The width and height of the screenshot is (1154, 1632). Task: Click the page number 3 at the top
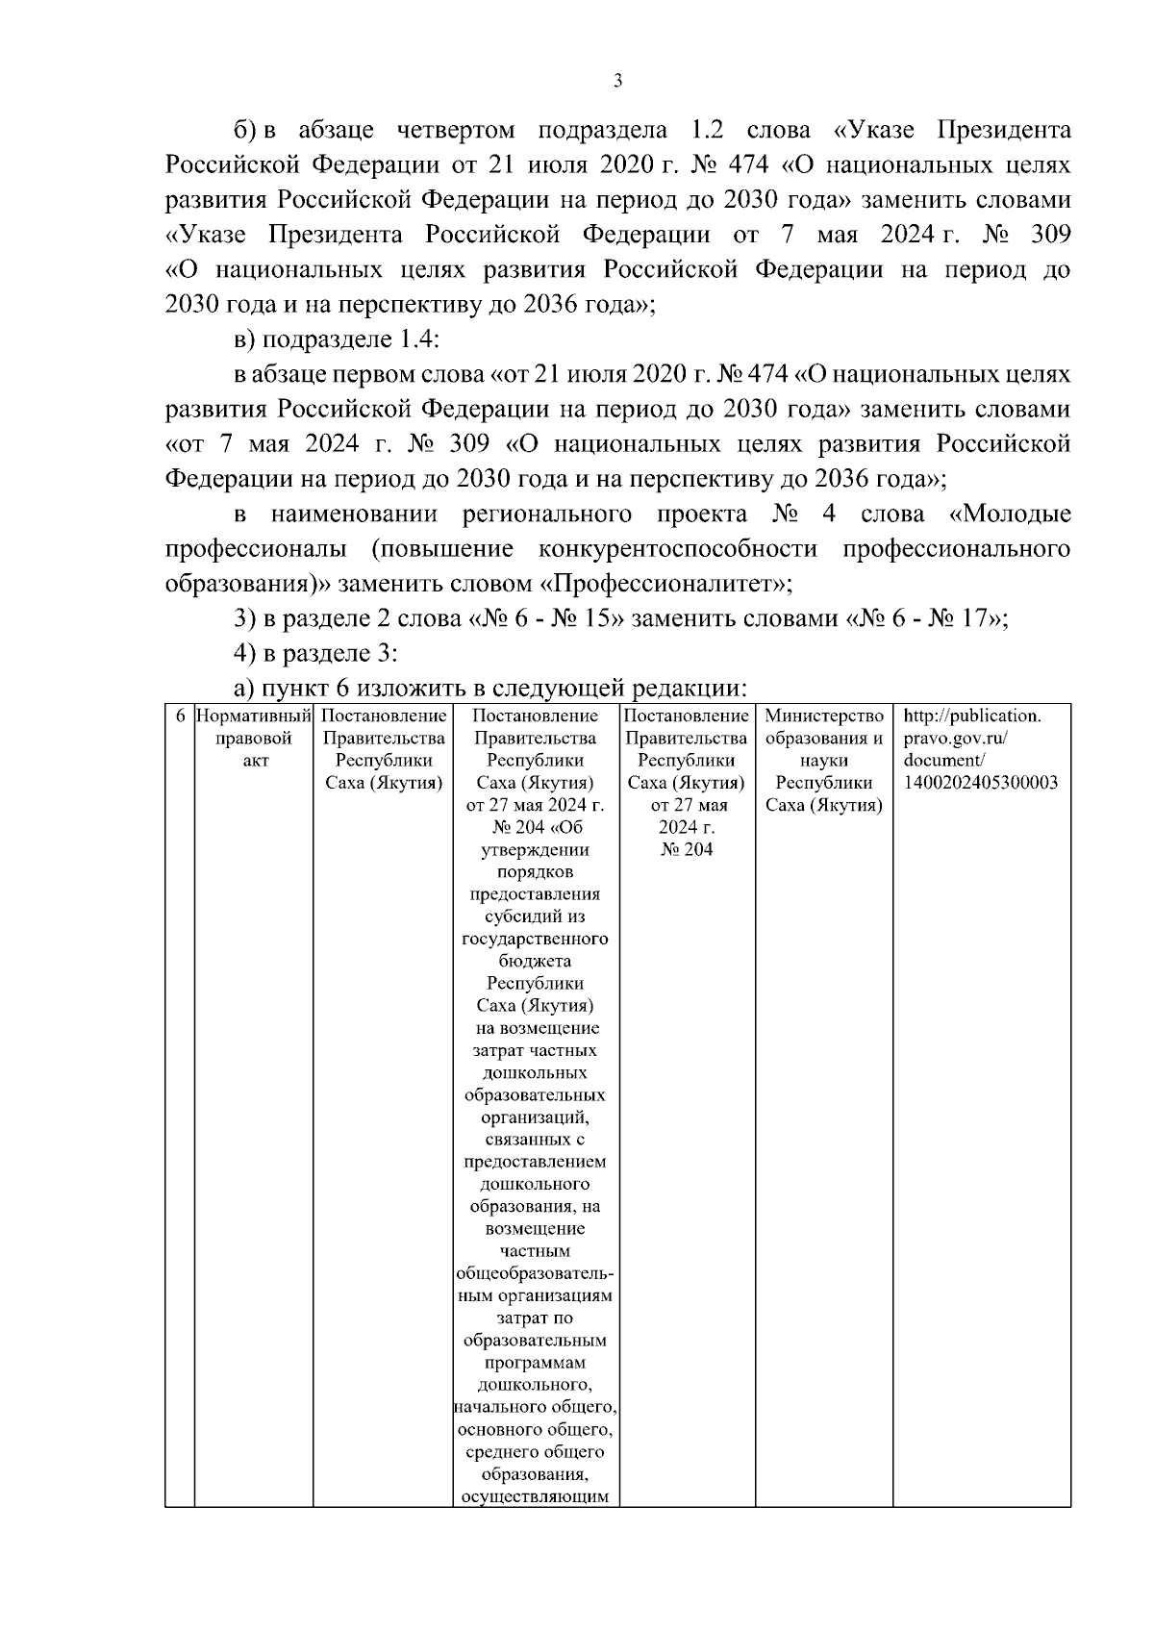click(x=618, y=82)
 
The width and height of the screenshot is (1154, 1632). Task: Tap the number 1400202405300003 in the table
click(x=981, y=782)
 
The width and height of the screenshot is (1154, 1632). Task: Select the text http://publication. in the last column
click(x=972, y=716)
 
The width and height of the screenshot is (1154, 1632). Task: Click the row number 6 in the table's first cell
click(x=180, y=716)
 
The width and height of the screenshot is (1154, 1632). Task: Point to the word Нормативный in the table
click(x=255, y=716)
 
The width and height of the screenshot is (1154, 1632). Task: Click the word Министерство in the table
click(x=824, y=716)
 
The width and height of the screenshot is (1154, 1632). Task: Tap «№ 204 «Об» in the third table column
click(x=536, y=827)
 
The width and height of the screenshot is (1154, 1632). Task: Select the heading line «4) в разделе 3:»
click(x=315, y=653)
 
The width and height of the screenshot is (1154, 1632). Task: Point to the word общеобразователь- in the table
click(x=535, y=1273)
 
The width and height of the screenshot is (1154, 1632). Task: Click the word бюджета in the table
click(x=535, y=961)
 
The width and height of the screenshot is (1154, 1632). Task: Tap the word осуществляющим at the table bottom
click(x=535, y=1496)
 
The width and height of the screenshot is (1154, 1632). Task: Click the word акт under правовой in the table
click(x=255, y=760)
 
